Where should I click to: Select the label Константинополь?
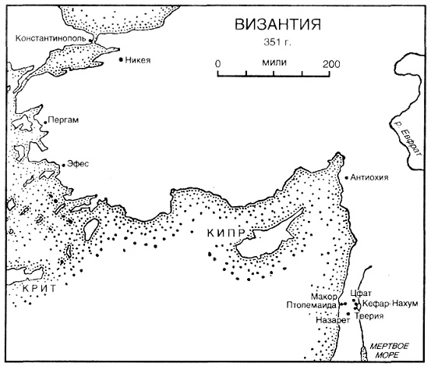pyautogui.click(x=51, y=37)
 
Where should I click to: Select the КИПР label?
pyautogui.click(x=228, y=233)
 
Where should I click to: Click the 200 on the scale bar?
pyautogui.click(x=331, y=64)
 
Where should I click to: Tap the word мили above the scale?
pyautogui.click(x=274, y=63)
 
